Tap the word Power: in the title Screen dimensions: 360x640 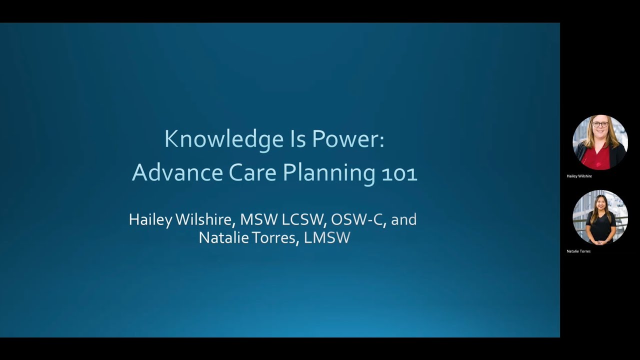pos(348,139)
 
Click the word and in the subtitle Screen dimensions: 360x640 pos(404,219)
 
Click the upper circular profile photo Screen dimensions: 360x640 pos(600,142)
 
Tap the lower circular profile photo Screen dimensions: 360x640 pos(600,217)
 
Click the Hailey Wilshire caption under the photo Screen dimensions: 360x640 pos(579,176)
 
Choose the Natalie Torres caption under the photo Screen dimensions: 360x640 pos(578,251)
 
